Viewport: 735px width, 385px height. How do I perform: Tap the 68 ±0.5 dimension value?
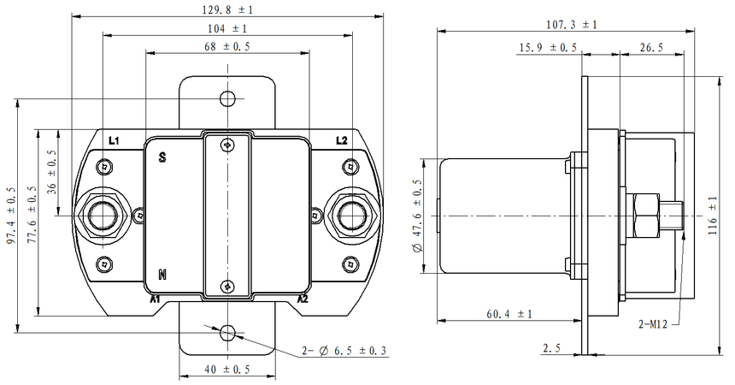(227, 47)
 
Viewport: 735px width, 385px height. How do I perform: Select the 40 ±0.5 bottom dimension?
(227, 370)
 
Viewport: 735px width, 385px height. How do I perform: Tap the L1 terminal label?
(114, 139)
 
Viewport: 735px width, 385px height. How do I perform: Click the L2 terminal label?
(342, 139)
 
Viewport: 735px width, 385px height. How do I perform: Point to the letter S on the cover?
(162, 157)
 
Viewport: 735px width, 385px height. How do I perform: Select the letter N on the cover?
(162, 275)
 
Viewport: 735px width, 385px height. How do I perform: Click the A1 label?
(156, 299)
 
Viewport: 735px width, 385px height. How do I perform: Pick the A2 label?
(302, 299)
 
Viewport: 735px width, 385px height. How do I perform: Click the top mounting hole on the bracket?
(227, 98)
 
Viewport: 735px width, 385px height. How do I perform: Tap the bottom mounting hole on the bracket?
(227, 332)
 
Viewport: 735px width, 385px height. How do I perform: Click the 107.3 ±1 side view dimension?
(571, 25)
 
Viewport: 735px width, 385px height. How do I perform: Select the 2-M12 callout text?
(656, 325)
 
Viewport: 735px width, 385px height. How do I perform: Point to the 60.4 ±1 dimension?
(509, 315)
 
